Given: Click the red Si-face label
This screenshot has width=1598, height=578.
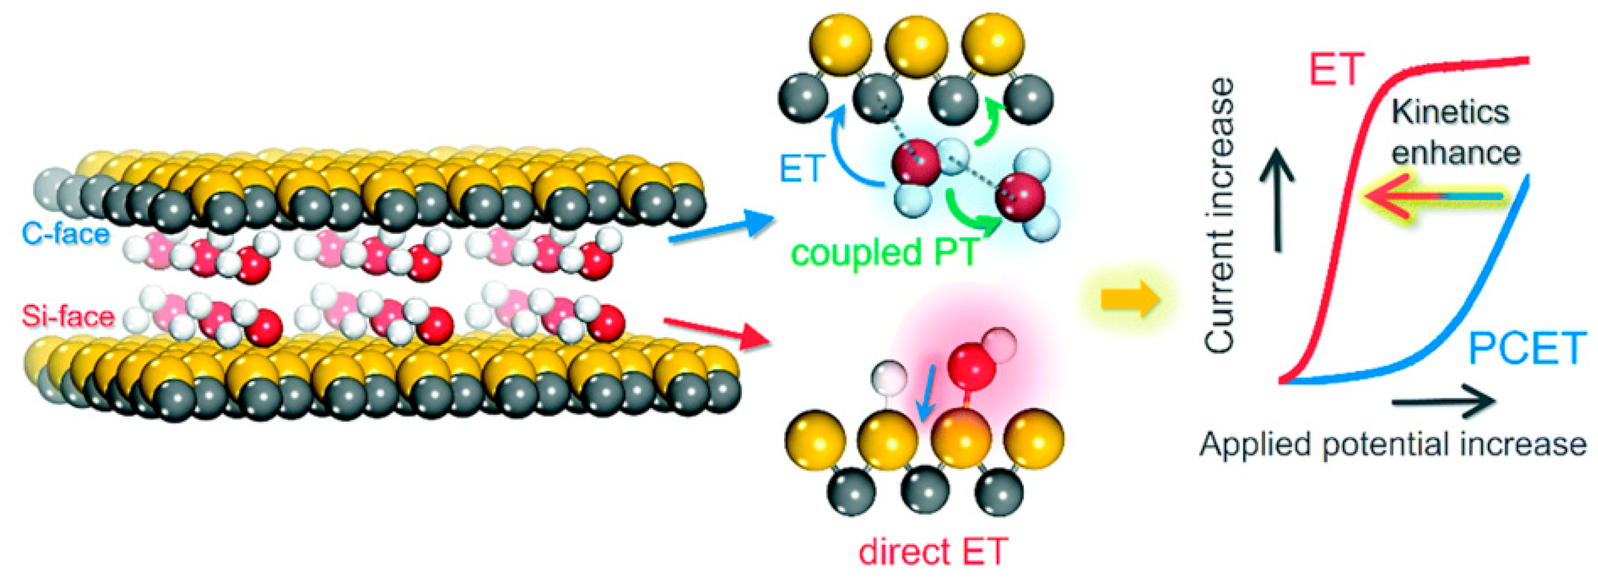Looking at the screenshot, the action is click(x=68, y=316).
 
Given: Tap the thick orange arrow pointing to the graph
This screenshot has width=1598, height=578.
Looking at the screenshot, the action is click(x=1129, y=301).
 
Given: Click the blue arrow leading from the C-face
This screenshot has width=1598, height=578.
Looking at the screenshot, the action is click(x=720, y=227).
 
